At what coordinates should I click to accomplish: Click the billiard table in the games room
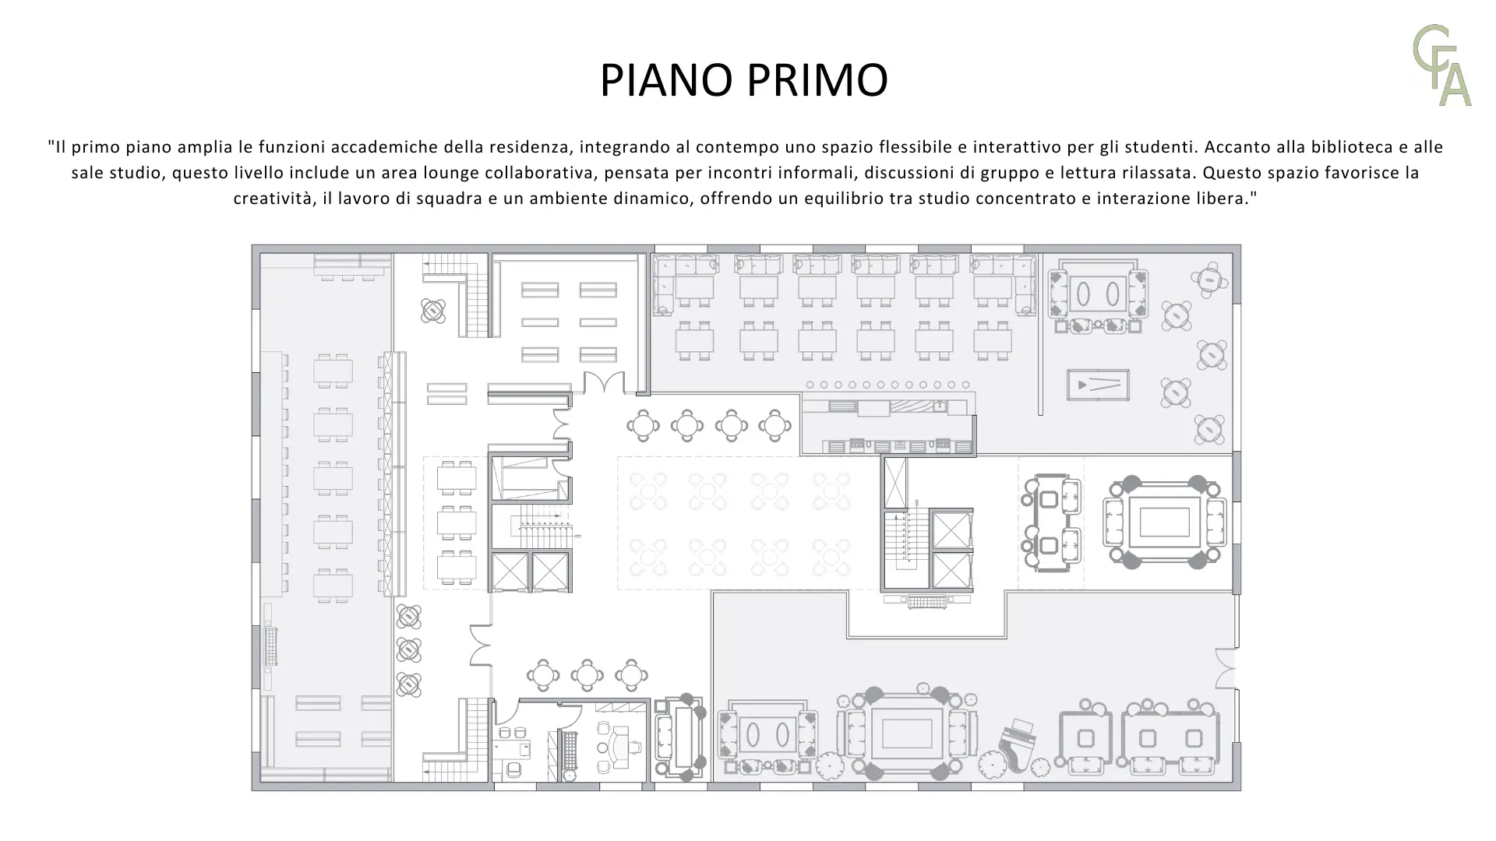(1098, 385)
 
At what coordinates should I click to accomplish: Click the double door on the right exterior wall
(1226, 667)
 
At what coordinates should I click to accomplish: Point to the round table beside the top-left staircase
(433, 311)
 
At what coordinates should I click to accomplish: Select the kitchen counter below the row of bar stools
(888, 425)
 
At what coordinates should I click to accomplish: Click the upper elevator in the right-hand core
(952, 530)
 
